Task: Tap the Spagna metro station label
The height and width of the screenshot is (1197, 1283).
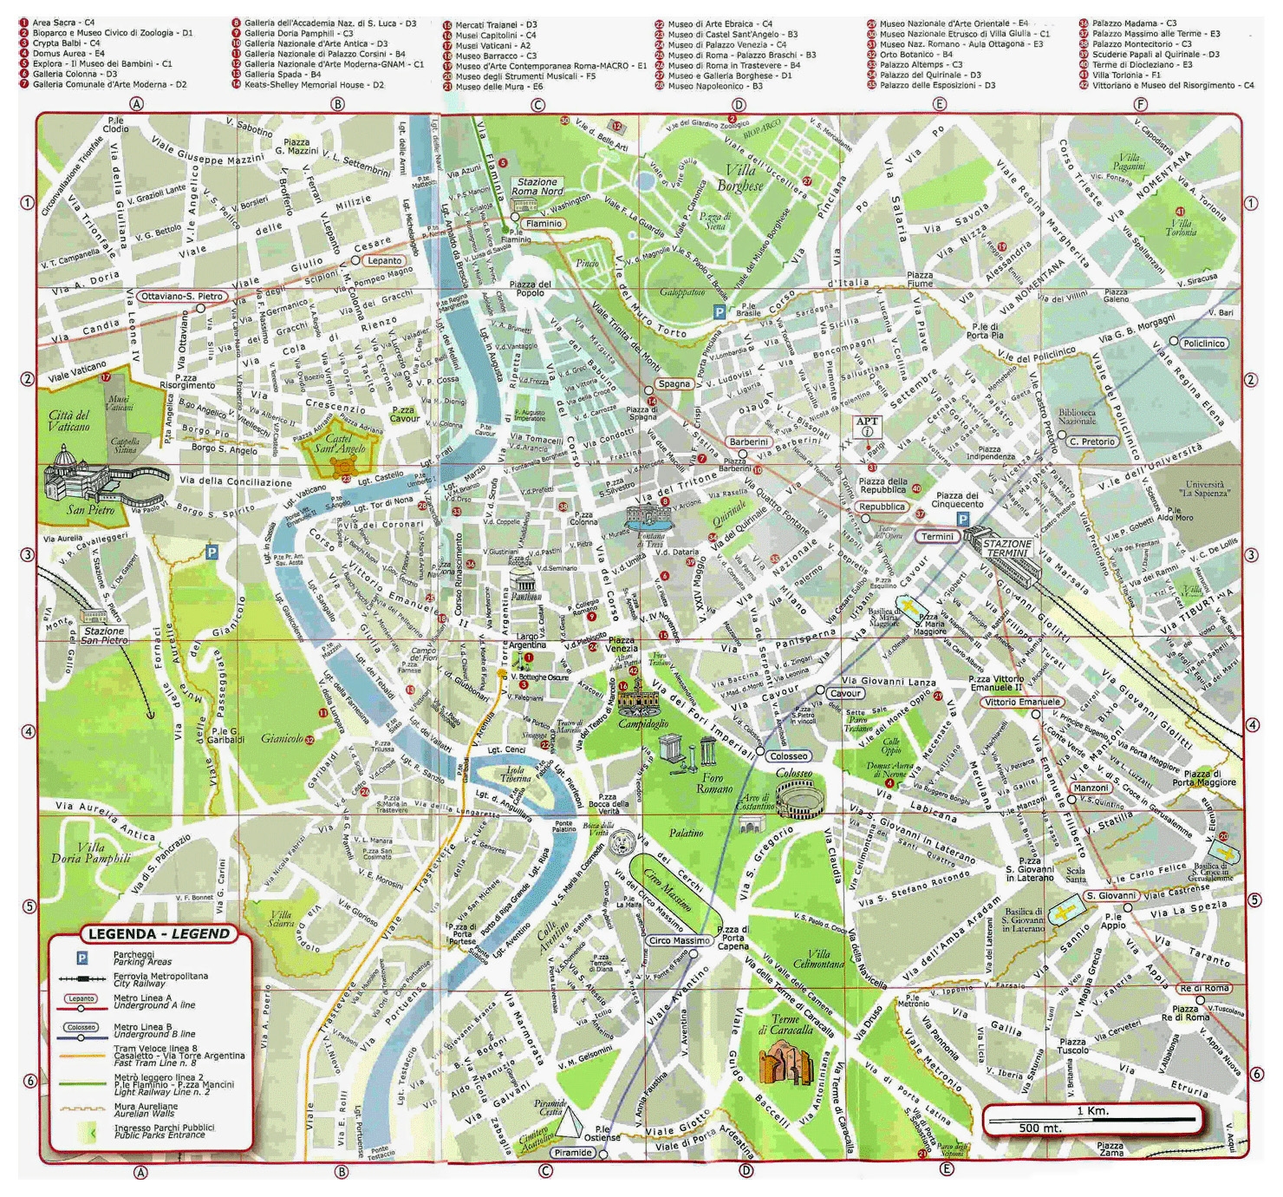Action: pos(674,383)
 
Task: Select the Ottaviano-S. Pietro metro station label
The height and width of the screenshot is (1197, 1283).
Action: pos(183,297)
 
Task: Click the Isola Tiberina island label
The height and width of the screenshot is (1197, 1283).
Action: pos(517,774)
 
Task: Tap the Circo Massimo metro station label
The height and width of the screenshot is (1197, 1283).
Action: pos(679,940)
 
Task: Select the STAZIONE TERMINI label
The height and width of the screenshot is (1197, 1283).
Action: pos(1006,548)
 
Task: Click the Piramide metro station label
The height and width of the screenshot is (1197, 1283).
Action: pos(573,1153)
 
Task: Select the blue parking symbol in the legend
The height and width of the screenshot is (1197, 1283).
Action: pos(82,958)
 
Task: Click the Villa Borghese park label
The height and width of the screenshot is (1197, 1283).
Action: pos(739,178)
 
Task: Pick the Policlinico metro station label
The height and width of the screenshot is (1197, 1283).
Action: pos(1203,343)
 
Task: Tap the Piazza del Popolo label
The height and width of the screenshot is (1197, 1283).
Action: pos(530,289)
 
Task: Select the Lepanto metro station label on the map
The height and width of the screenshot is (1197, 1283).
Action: pos(384,260)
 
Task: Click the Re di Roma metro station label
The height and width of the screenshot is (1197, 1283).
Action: pos(1204,988)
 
